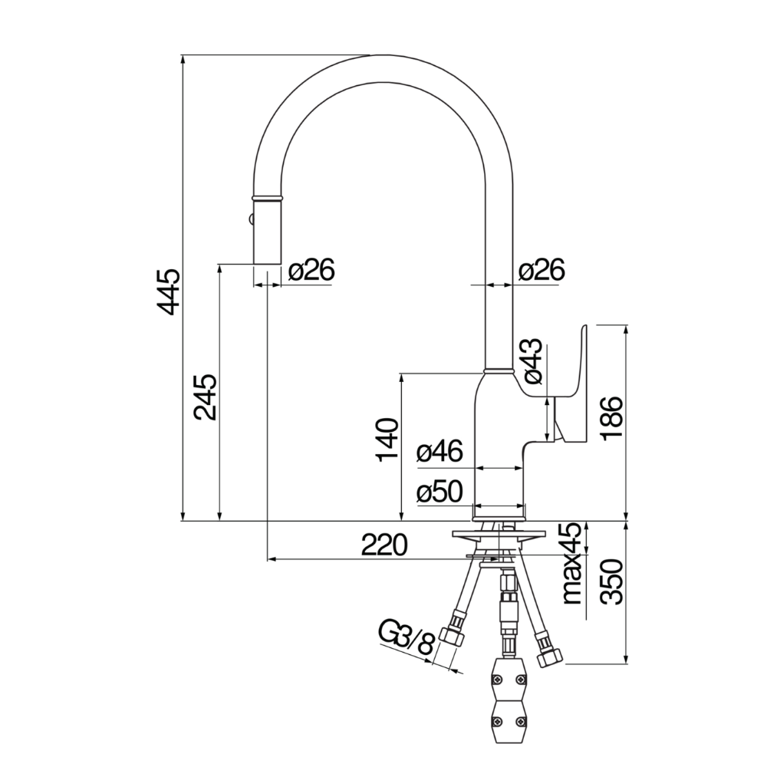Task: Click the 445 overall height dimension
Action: (x=169, y=291)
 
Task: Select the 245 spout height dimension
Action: (x=205, y=397)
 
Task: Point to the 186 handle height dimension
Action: (x=614, y=418)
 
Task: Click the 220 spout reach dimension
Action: (x=383, y=545)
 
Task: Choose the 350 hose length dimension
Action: (x=614, y=581)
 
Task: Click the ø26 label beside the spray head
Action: (x=311, y=270)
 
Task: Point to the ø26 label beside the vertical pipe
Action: (x=541, y=270)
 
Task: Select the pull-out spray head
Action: (x=266, y=230)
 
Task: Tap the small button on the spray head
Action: (x=249, y=221)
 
